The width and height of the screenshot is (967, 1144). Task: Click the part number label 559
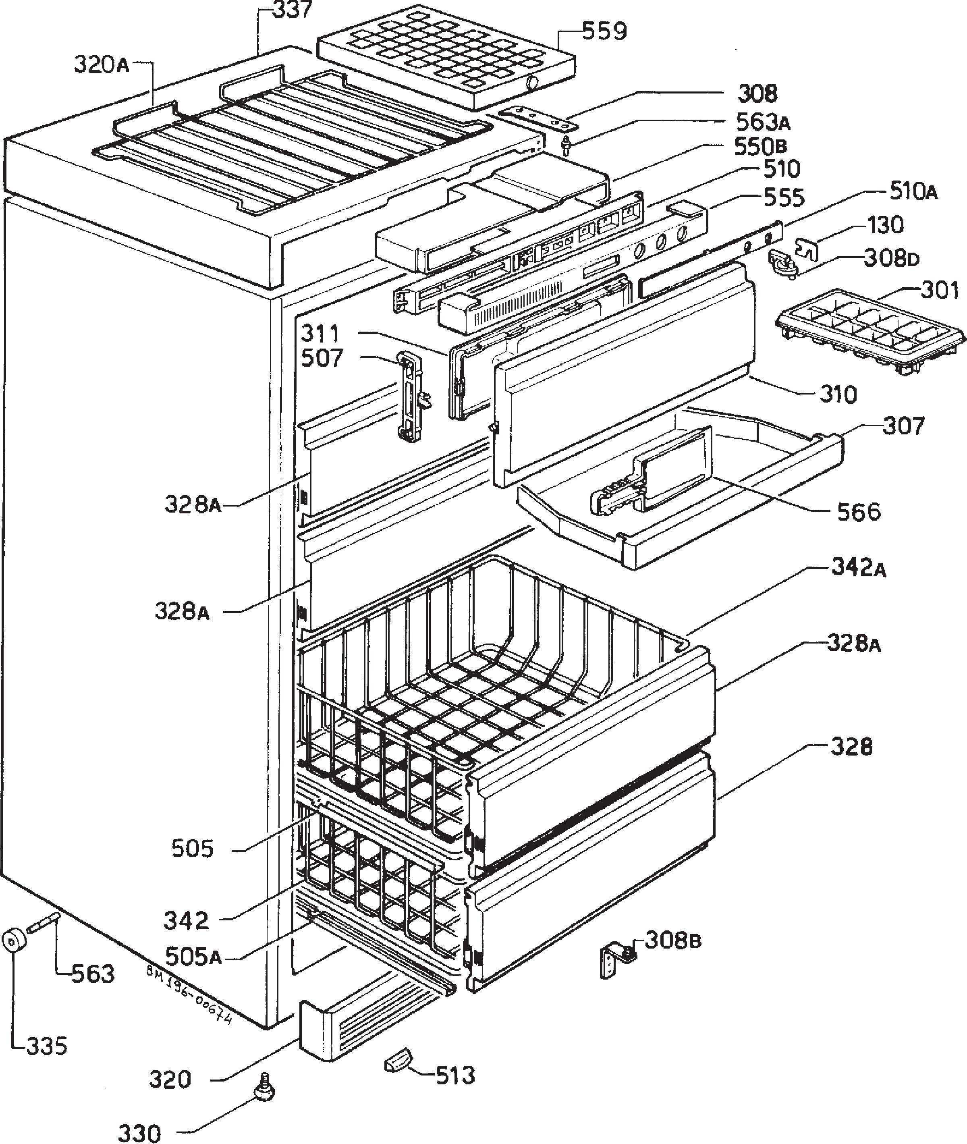coord(604,32)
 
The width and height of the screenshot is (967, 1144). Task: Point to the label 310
coord(838,394)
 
